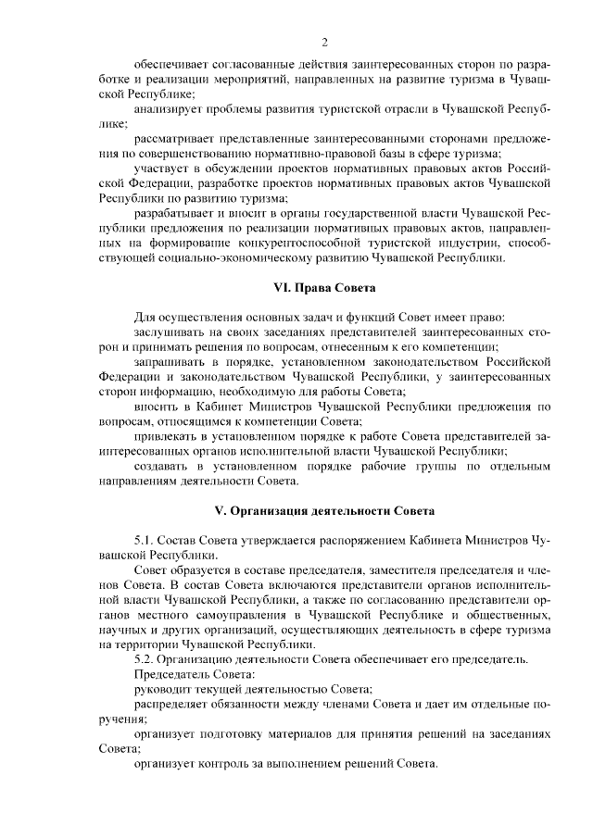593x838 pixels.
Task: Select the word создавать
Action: [x=165, y=465]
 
